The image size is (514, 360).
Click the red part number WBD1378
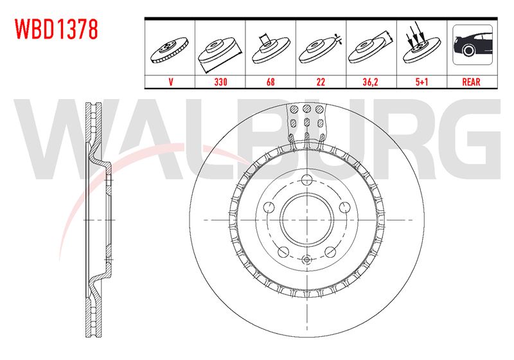point(57,29)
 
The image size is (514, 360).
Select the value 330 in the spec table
point(220,82)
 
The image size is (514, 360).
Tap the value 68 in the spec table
point(270,82)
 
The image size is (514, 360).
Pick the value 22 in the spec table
point(321,82)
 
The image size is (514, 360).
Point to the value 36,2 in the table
point(371,82)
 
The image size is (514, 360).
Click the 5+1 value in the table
point(422,82)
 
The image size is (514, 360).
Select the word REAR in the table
point(471,82)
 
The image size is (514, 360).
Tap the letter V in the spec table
point(170,82)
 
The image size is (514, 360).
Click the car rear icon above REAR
point(472,44)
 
